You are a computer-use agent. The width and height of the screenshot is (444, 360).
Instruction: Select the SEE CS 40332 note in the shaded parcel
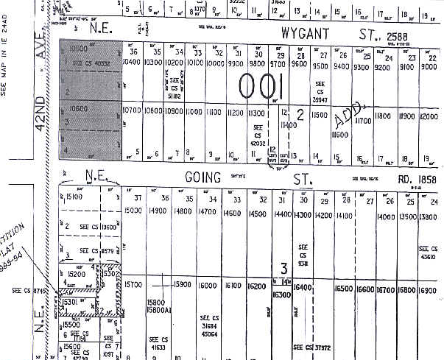[x=91, y=63]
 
